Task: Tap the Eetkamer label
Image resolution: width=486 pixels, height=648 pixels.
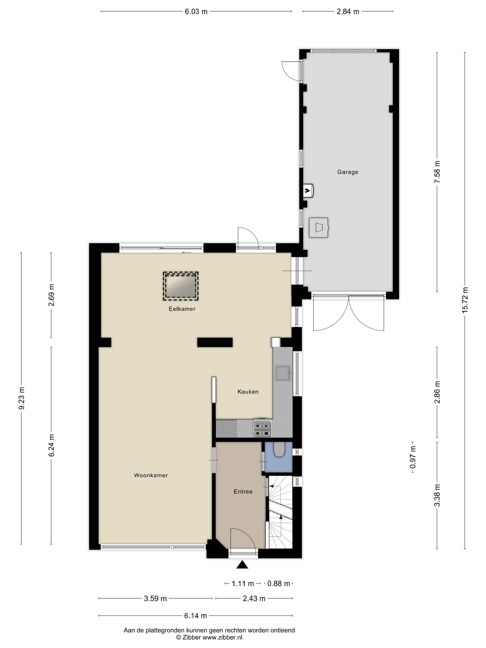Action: tap(182, 309)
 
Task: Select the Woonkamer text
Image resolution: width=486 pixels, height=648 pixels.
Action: tap(151, 475)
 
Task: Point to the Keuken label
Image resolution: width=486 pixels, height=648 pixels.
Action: tap(248, 392)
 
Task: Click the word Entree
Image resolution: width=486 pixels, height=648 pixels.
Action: tap(243, 492)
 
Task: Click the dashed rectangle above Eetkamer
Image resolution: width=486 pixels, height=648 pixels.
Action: tap(181, 286)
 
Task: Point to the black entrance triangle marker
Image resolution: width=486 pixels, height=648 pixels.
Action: tap(242, 564)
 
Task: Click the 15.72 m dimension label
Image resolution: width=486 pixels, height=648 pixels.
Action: tap(465, 300)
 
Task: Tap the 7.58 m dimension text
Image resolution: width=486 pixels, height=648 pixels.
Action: tap(437, 172)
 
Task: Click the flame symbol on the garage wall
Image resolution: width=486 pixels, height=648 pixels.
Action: tap(307, 190)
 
